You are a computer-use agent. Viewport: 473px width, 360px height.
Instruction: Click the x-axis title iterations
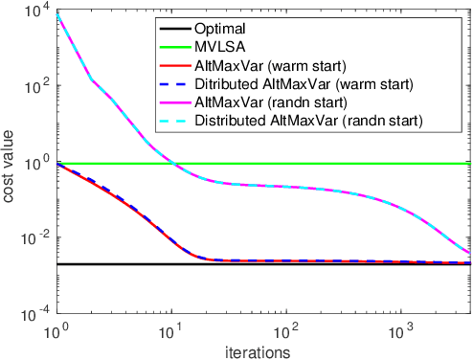263,352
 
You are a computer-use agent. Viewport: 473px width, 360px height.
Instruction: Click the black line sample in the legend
181,30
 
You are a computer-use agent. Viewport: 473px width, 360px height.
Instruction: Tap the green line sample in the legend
181,48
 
